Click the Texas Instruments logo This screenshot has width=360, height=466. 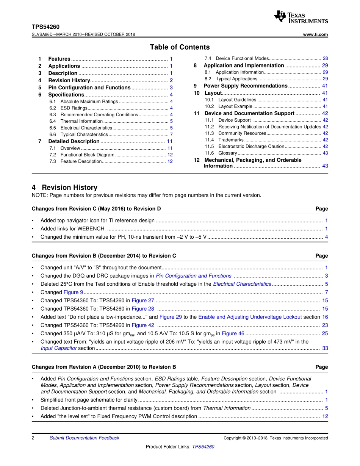(301, 17)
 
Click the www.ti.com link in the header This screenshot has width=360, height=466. (316, 34)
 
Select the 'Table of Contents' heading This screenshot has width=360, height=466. (180, 47)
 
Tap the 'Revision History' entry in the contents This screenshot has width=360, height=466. (69, 80)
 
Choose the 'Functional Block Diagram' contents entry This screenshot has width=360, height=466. (87, 155)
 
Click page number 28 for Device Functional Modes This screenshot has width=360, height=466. (325, 59)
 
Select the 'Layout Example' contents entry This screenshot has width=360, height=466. (235, 106)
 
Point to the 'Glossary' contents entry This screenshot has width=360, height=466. (227, 153)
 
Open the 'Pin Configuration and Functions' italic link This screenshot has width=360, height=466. (194, 276)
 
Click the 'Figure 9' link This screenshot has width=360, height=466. (73, 292)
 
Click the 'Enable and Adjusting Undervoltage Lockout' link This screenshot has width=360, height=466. (250, 317)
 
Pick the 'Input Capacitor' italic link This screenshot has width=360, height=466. (58, 348)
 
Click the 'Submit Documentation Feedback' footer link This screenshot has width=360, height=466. (84, 438)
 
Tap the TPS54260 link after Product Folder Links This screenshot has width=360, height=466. (203, 447)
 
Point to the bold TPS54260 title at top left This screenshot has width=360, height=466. (45, 27)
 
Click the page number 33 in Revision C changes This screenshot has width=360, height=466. (325, 348)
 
